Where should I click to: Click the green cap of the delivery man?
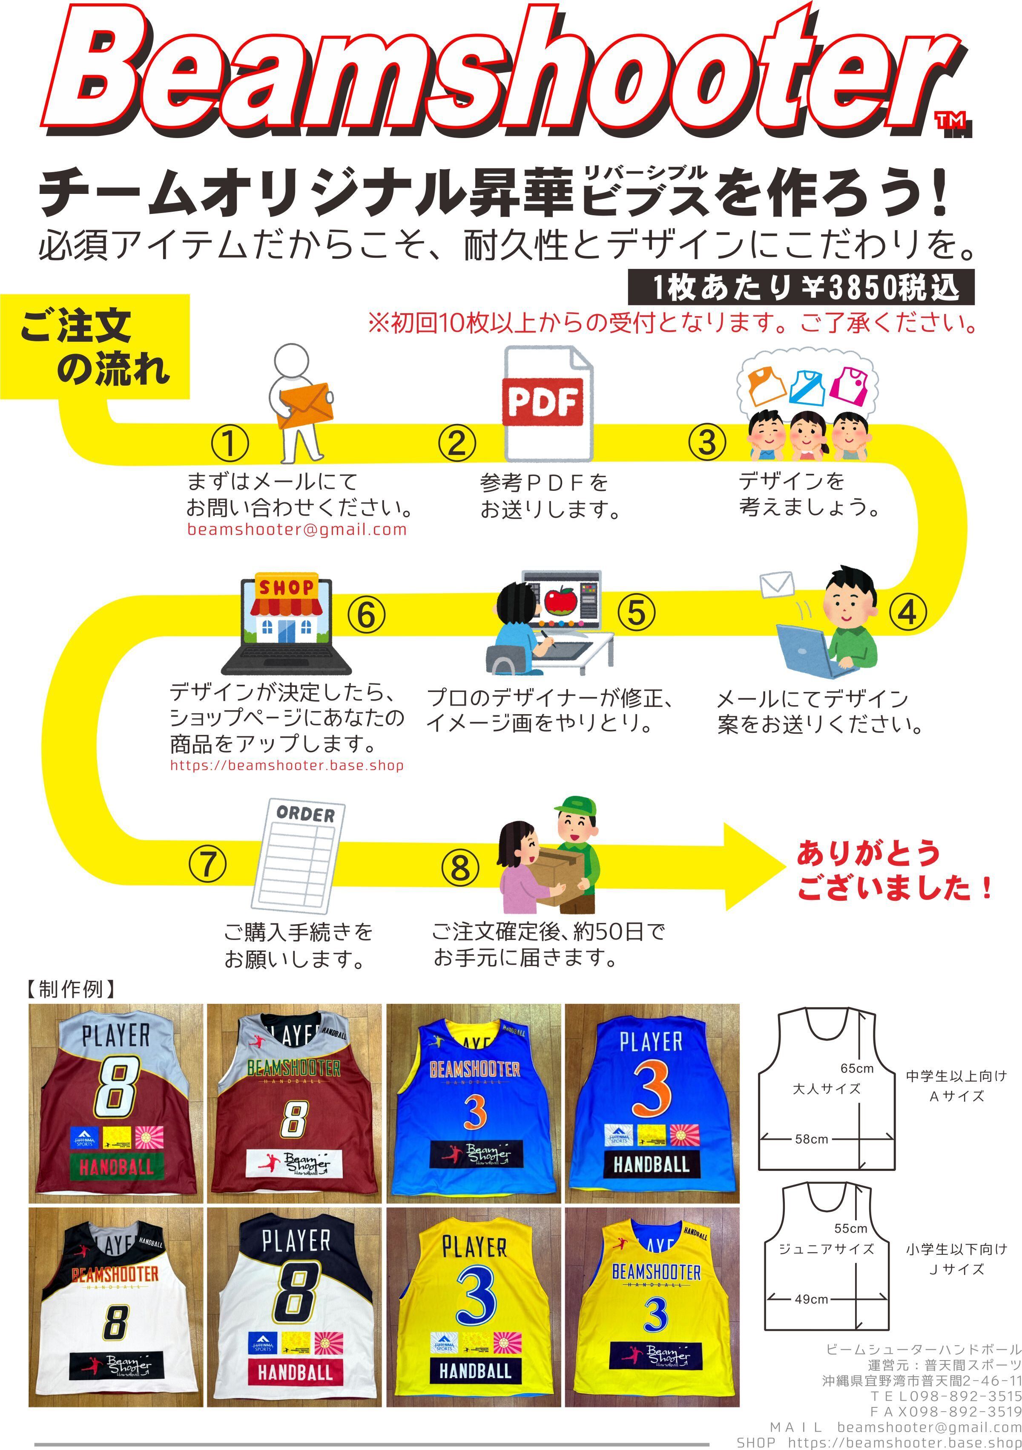pos(574,805)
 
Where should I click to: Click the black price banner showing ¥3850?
pos(801,287)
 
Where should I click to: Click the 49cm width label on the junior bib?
pos(811,1299)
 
